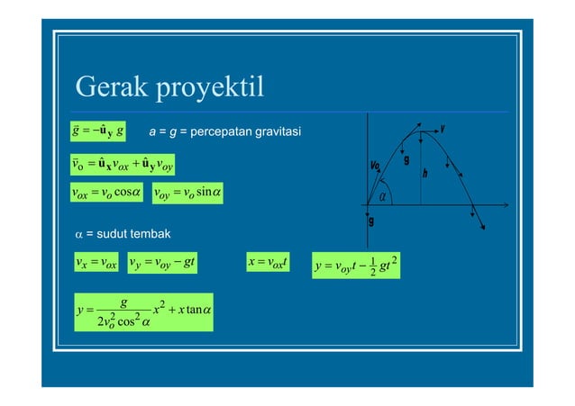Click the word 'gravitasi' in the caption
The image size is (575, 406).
pos(271,134)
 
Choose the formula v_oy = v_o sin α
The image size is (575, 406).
pos(187,192)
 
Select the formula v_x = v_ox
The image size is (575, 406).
pos(98,263)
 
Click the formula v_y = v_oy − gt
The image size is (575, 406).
pos(165,263)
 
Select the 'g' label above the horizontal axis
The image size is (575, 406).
pos(406,160)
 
